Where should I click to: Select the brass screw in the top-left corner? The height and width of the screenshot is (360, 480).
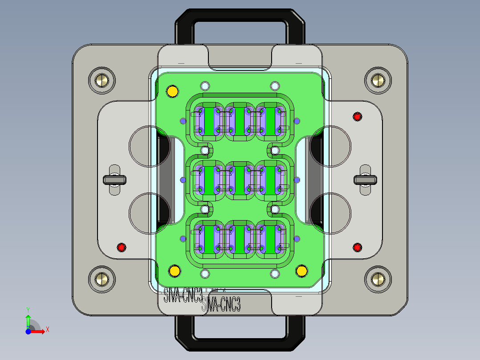[102, 81]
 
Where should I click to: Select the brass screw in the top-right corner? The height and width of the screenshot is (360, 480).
[378, 81]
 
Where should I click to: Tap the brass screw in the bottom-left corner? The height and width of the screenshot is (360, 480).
[102, 279]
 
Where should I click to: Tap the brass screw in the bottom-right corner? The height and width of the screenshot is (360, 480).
[378, 279]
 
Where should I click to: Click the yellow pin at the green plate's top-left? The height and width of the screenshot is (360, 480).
[172, 91]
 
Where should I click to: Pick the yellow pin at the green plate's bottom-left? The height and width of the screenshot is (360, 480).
[175, 271]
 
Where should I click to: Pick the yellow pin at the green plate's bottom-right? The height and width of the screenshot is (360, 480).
[302, 270]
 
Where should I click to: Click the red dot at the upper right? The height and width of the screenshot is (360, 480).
[357, 117]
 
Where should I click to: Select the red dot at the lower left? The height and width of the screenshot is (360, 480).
[122, 247]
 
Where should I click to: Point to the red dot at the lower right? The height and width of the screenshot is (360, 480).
[357, 247]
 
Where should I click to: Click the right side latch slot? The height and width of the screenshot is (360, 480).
[365, 180]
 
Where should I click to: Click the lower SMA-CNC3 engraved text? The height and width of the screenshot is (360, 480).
[221, 306]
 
